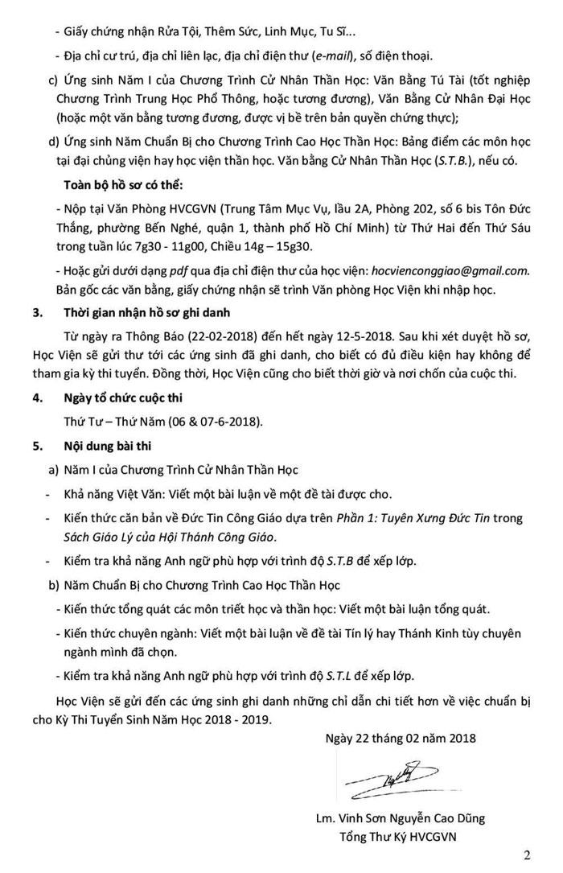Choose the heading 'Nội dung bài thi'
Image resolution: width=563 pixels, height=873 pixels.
pos(107,443)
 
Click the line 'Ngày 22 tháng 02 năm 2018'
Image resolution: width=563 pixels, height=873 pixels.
pos(402,738)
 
